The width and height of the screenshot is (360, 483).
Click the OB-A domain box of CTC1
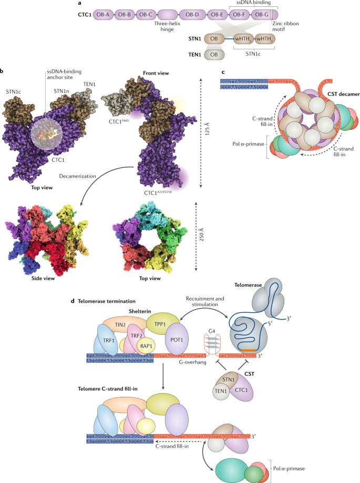[102, 15]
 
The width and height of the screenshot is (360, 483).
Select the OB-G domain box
[262, 15]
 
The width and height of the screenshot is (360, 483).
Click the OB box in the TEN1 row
[214, 54]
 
